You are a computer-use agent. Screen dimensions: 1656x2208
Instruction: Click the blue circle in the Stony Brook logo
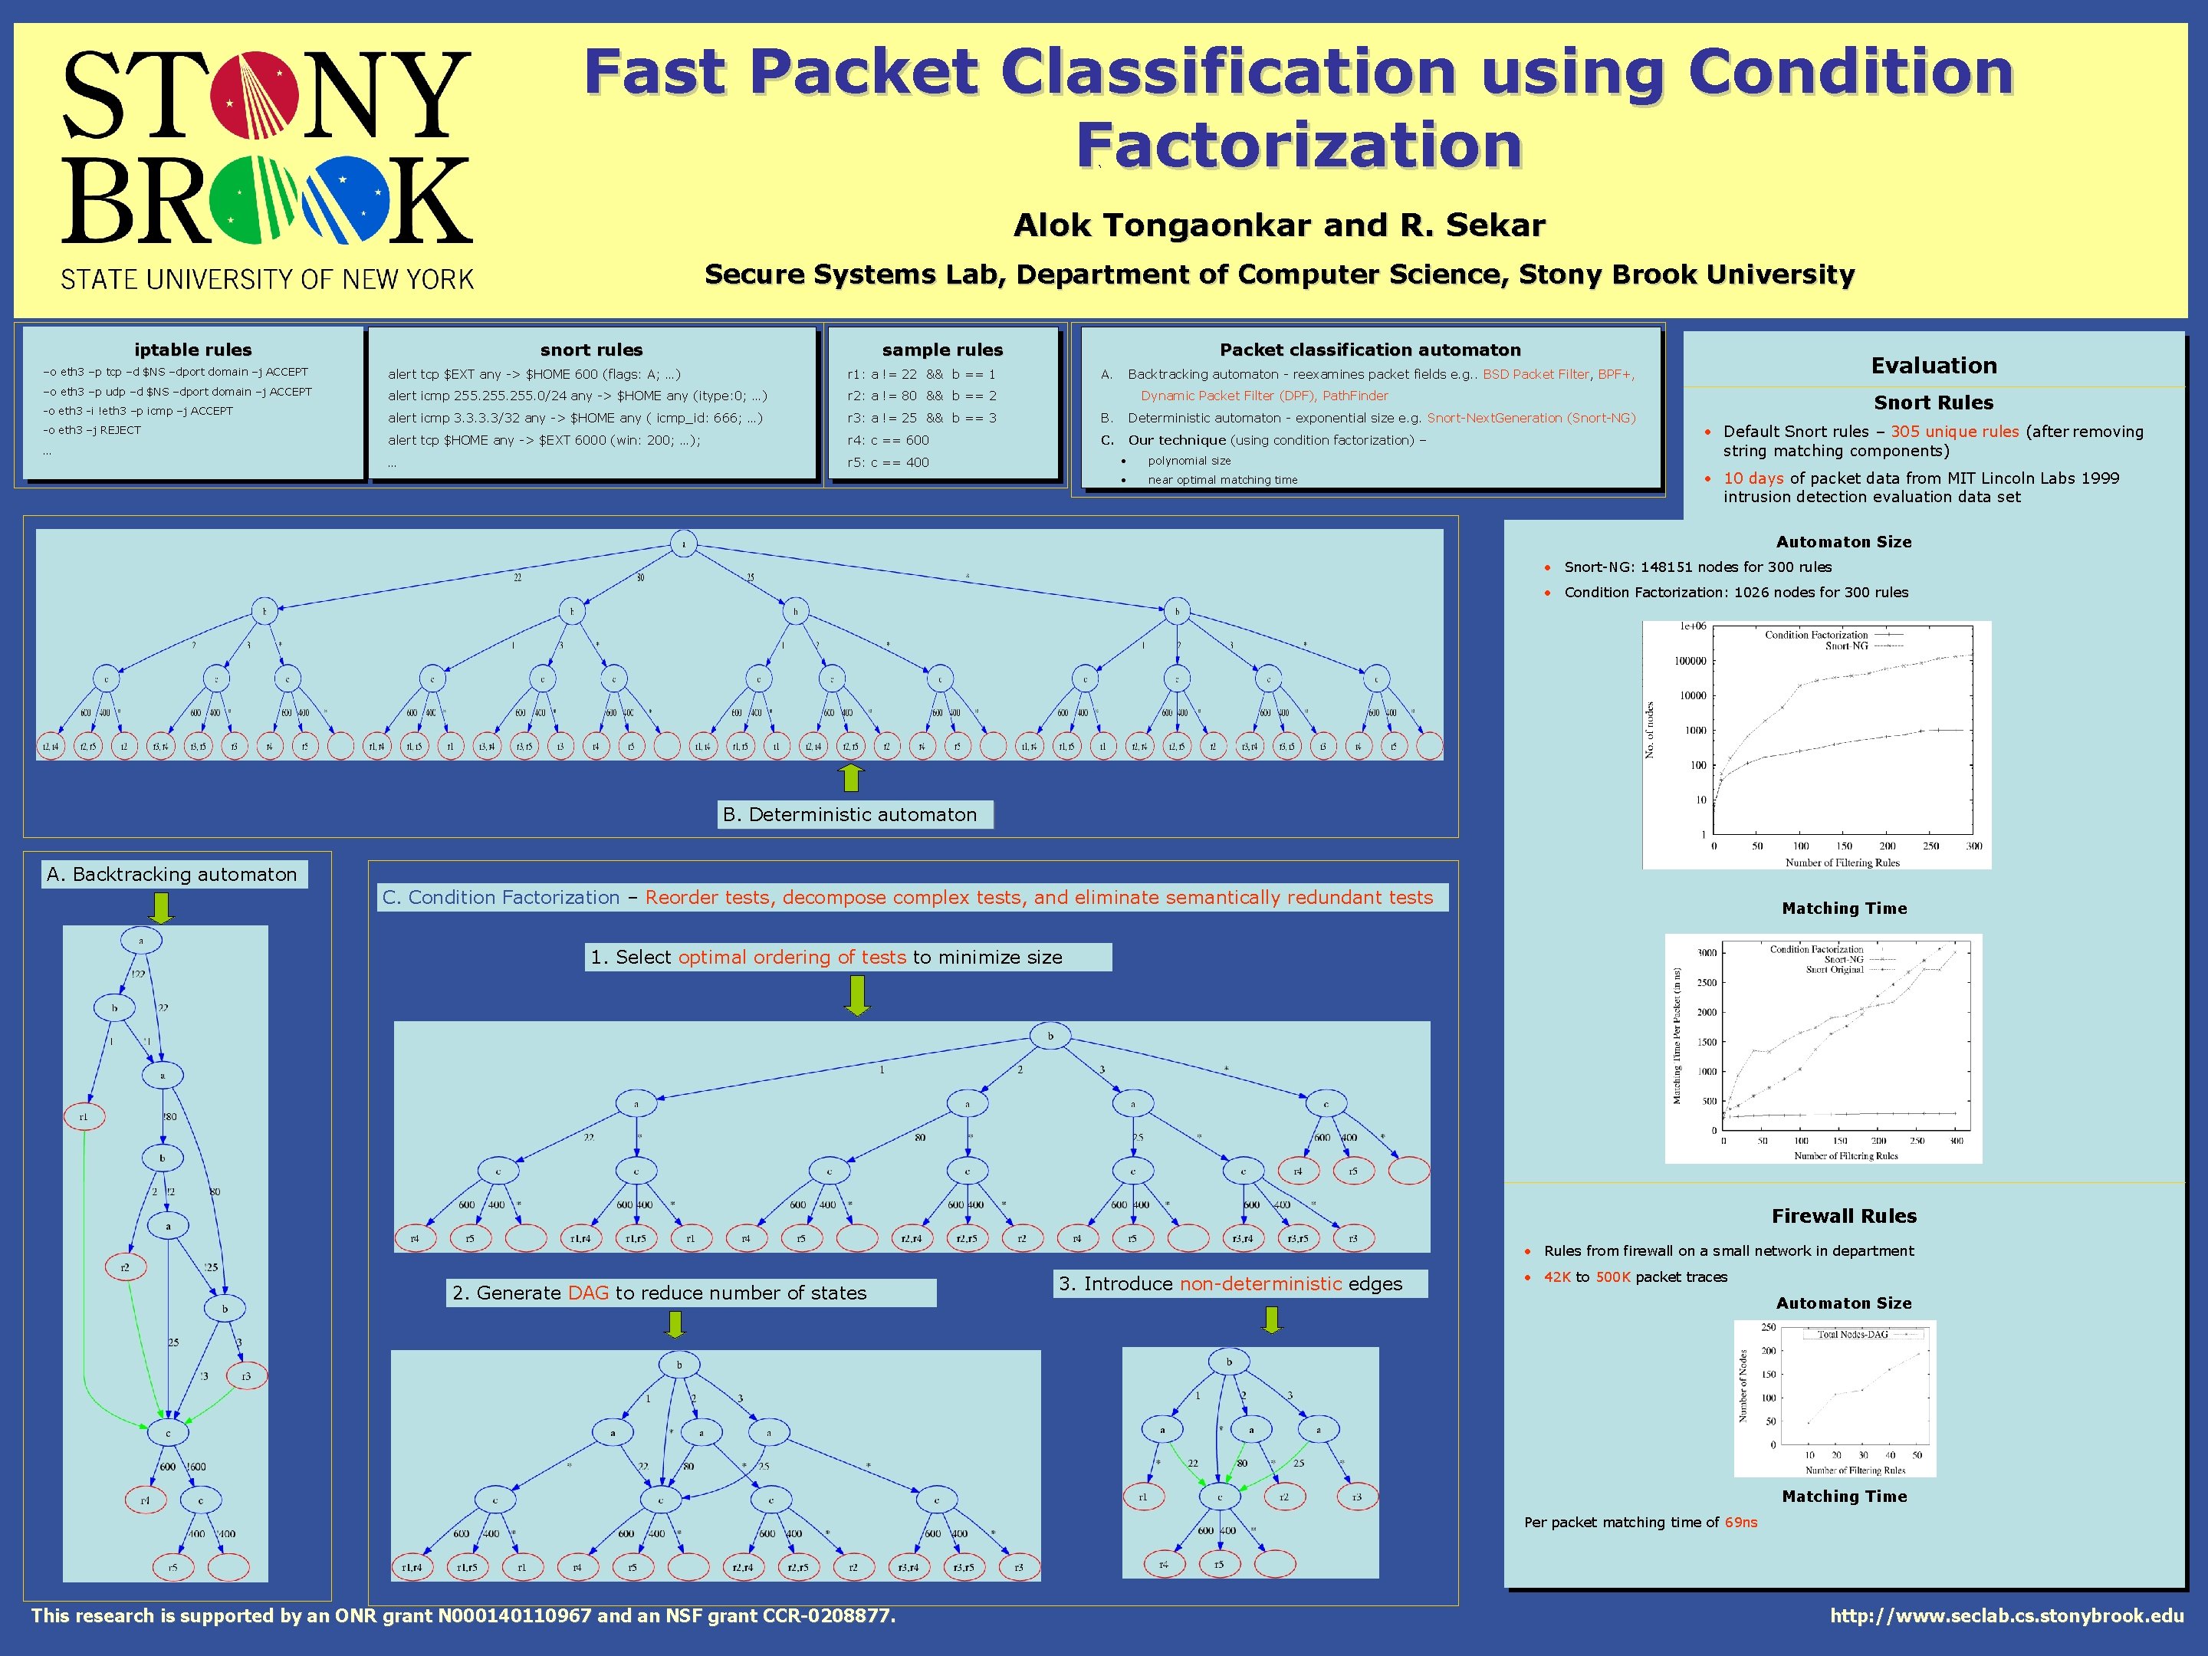pos(344,199)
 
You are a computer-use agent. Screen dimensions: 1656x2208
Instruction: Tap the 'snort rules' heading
pos(591,350)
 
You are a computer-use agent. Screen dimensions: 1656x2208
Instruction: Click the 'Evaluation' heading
pos(1934,366)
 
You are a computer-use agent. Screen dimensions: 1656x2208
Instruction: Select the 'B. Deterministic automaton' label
pos(849,814)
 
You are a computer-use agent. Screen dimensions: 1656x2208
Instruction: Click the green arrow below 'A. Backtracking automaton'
pos(161,908)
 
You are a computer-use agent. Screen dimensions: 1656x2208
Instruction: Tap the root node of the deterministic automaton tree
pos(684,544)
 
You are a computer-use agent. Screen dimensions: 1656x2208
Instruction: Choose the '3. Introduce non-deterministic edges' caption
pos(1230,1283)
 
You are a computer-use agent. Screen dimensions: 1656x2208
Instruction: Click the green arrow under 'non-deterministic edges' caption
pos(1270,1319)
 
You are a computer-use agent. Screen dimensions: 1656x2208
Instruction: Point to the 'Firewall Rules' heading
pos(1844,1216)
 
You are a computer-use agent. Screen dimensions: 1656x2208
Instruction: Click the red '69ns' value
pos(1741,1523)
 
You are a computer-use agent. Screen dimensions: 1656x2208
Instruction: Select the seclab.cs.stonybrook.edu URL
pos(2006,1616)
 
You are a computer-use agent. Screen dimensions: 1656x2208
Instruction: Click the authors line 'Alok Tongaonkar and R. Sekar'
pos(1279,225)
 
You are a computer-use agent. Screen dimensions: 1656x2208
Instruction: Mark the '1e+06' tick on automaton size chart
pos(1693,627)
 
